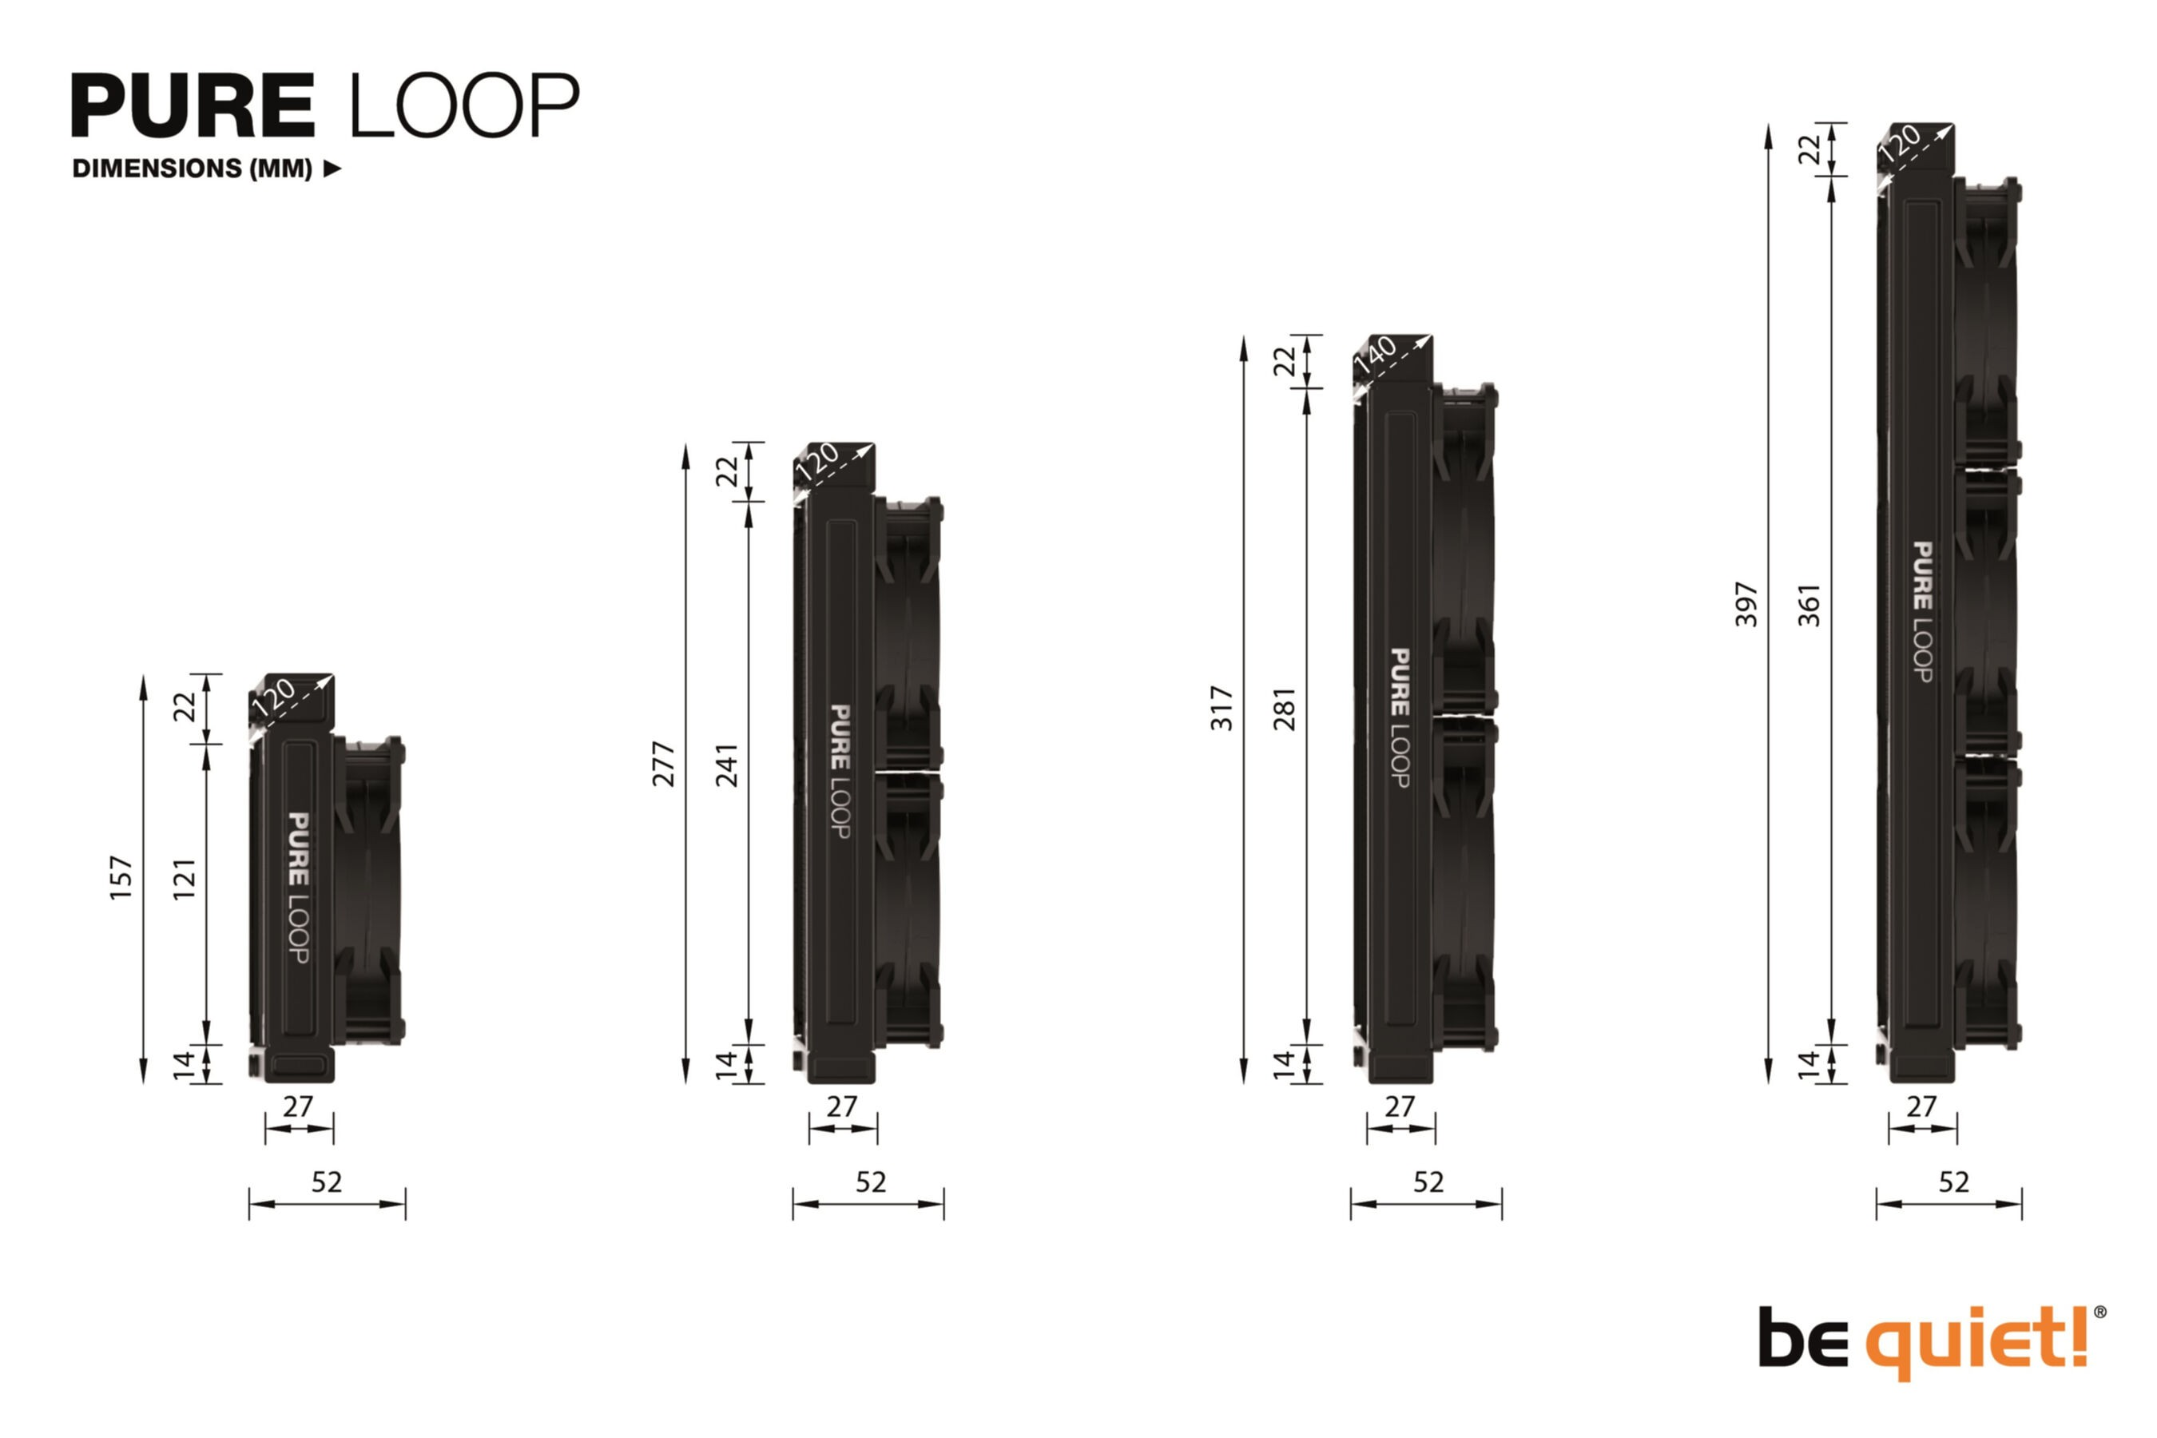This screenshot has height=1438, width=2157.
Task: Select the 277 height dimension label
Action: point(664,764)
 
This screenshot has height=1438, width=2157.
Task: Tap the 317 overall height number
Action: point(1222,707)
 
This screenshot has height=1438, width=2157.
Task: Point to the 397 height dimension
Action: point(1747,605)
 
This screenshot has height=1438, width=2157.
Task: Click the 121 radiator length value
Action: point(185,879)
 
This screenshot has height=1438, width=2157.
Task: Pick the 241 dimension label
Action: point(727,765)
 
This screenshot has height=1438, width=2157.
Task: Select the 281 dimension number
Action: point(1285,708)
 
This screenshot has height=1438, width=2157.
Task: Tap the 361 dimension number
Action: point(1809,606)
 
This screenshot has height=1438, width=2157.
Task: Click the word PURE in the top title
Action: point(193,106)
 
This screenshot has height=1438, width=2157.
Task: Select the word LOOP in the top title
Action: point(464,106)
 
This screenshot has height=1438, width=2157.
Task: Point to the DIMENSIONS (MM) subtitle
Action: point(193,169)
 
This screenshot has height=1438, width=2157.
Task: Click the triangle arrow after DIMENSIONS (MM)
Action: point(333,169)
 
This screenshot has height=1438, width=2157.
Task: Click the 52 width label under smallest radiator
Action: point(327,1182)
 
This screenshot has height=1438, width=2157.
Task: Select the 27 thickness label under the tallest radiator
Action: point(1921,1107)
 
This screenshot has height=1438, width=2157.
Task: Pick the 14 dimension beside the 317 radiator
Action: point(1285,1064)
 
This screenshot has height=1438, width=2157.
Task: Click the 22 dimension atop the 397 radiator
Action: point(1809,149)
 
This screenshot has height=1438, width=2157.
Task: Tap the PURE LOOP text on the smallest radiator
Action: point(299,887)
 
